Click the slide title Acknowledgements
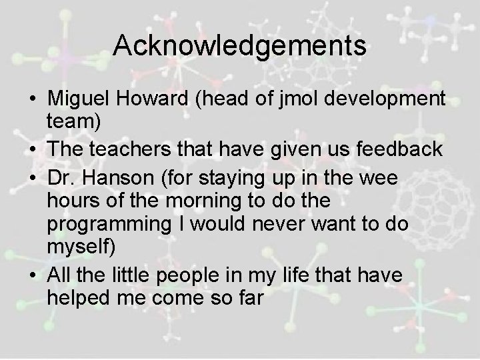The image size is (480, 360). (239, 46)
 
